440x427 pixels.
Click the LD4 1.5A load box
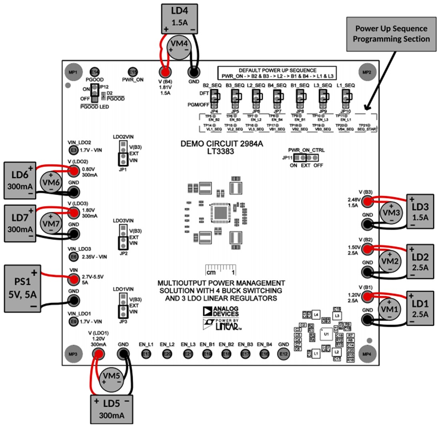179,18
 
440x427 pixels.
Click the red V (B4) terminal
165,72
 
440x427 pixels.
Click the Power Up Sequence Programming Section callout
391,34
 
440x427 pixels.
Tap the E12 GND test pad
283,353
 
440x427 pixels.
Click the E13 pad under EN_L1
147,353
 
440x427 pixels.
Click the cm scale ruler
220,270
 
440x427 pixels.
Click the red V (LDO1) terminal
98,353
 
